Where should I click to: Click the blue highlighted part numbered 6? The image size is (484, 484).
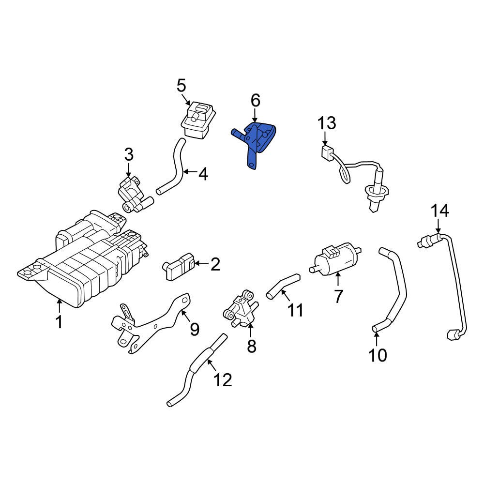click(257, 140)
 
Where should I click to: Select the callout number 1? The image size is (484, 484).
click(59, 322)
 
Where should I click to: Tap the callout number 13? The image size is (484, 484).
click(327, 123)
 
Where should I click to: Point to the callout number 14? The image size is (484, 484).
click(440, 211)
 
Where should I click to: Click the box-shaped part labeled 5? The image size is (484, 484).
click(198, 120)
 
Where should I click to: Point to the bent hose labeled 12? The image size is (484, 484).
click(194, 378)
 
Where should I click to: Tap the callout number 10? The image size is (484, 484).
click(378, 355)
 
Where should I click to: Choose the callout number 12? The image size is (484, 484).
click(223, 380)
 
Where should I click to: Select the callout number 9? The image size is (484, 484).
click(194, 330)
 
